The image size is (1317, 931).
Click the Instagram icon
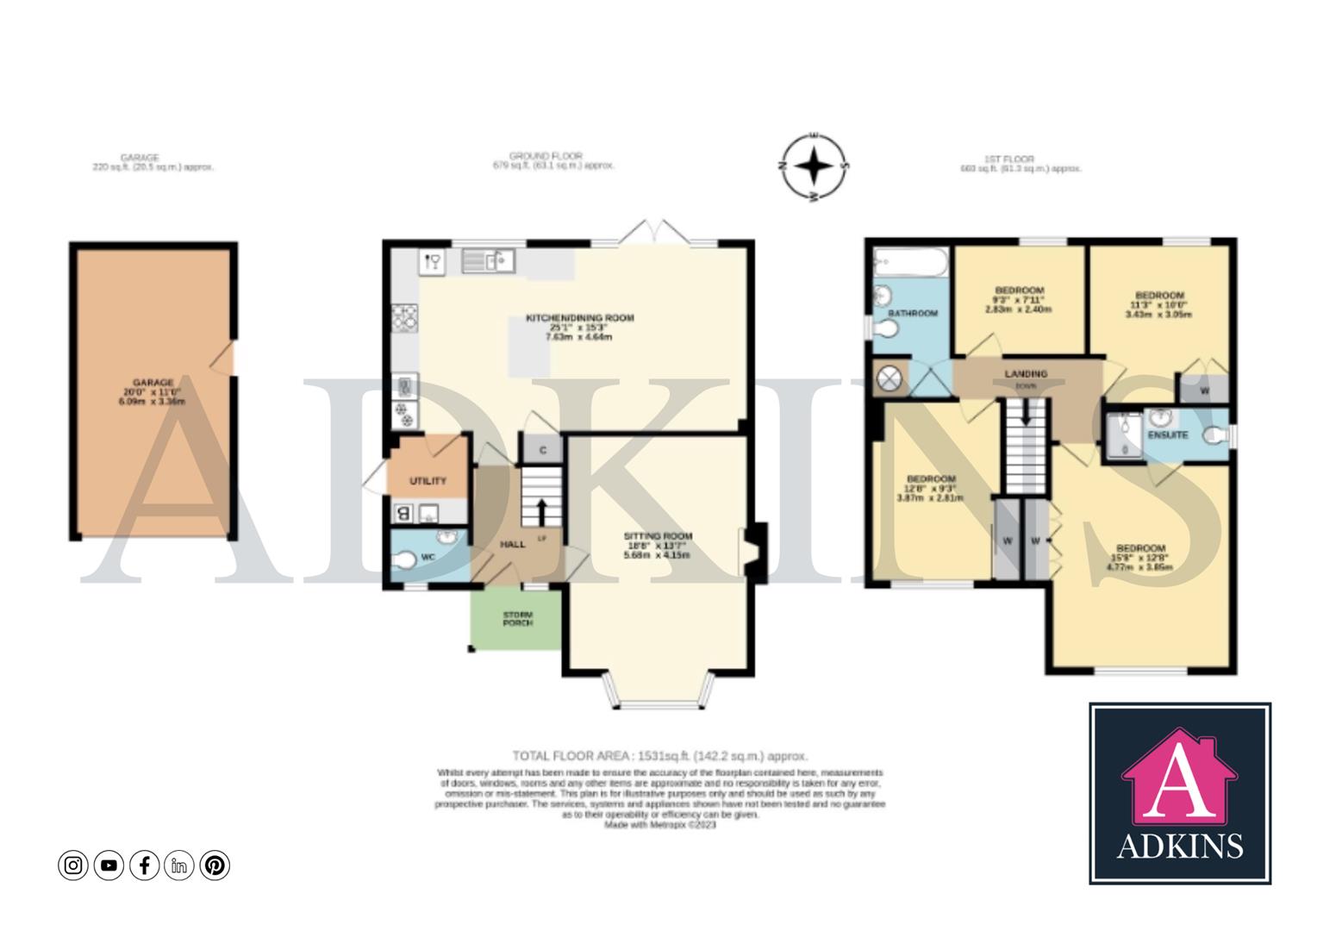tap(73, 865)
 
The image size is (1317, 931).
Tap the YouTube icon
tap(109, 865)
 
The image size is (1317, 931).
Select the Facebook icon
tap(144, 865)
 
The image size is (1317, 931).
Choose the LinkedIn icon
tap(179, 865)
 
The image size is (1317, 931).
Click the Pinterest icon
tap(215, 865)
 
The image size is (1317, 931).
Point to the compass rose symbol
tap(814, 167)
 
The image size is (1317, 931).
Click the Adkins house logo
tap(1179, 793)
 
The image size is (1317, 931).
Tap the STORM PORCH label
tap(517, 618)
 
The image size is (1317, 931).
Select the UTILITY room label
tap(428, 480)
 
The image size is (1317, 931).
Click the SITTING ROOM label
tap(658, 536)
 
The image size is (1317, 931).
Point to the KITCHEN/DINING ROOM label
tap(579, 318)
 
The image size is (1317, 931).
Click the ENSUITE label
tap(1167, 435)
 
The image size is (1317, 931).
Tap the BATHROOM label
tap(913, 313)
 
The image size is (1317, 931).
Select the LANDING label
tap(1026, 374)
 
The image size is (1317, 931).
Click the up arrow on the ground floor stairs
tap(541, 510)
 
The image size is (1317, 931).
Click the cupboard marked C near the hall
tap(542, 450)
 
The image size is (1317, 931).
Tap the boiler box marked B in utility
tap(403, 514)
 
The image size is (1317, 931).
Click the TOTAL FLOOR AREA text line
tap(659, 756)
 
